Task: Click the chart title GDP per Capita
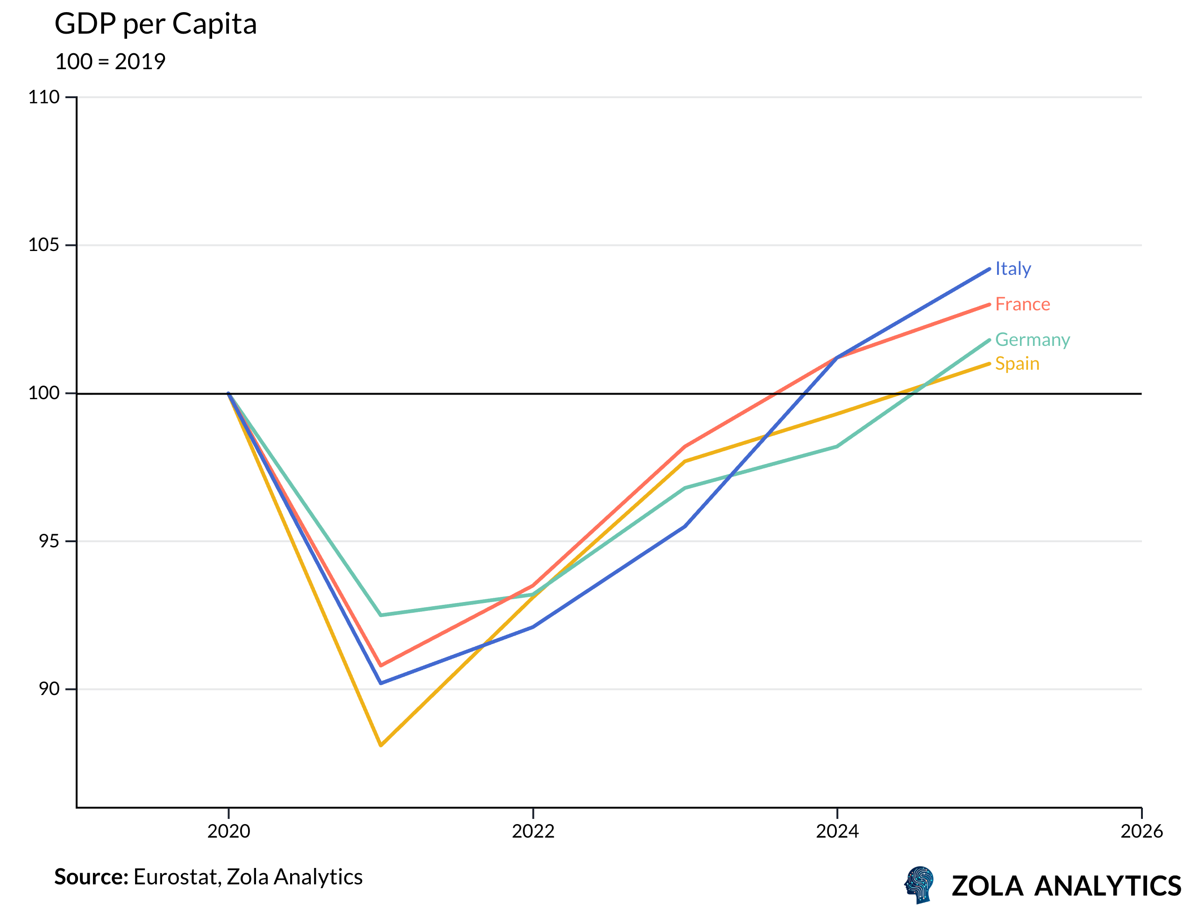coord(156,25)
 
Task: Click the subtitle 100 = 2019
coord(110,62)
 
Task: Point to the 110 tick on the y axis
coord(44,97)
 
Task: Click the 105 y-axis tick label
coord(44,245)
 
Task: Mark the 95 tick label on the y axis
coord(49,541)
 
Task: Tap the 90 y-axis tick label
coord(49,688)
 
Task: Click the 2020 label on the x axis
coord(228,831)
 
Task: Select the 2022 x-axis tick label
coord(533,831)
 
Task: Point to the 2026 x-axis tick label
coord(1141,831)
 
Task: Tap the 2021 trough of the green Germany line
coord(381,615)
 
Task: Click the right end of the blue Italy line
coord(988,269)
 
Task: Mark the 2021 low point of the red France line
coord(381,666)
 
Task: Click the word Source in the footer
coord(91,877)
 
